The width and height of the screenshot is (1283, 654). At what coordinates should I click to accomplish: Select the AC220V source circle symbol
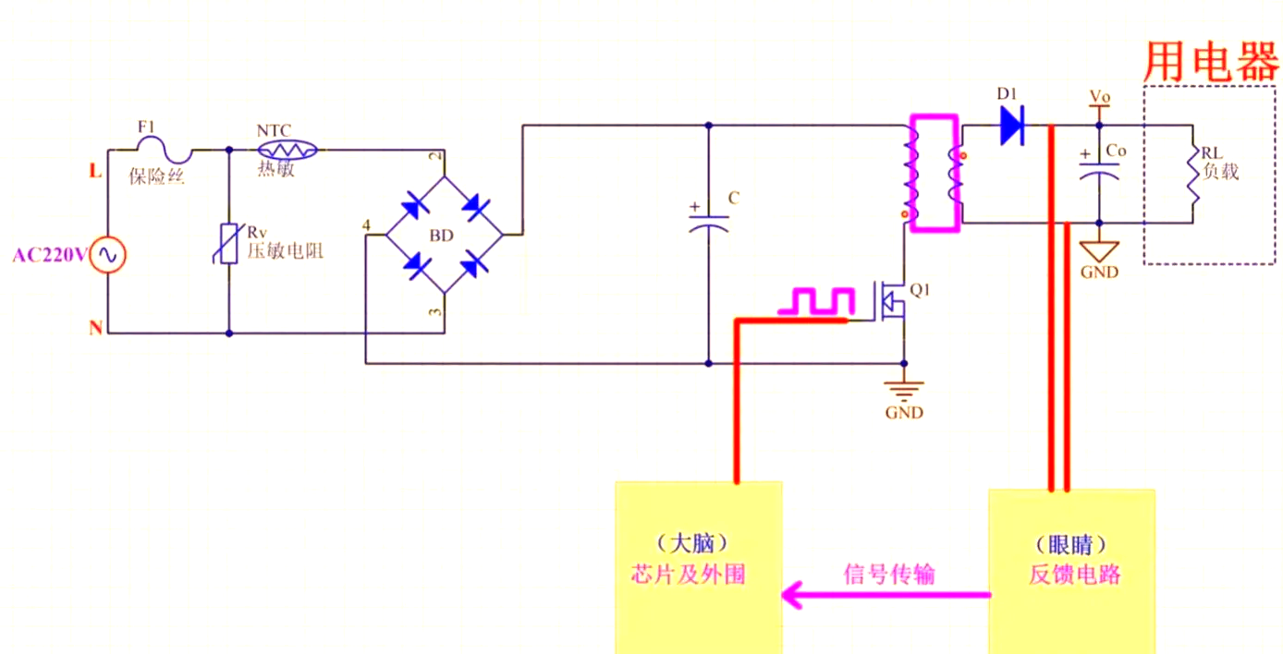pos(106,256)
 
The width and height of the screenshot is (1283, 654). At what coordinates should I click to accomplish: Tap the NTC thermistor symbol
pos(287,149)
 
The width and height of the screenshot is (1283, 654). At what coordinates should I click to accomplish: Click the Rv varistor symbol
pos(228,246)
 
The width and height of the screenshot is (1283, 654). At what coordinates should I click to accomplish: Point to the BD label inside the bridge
pos(442,236)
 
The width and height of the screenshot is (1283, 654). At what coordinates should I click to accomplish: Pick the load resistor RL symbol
pos(1192,176)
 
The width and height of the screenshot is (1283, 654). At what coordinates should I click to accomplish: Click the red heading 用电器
pos(1210,62)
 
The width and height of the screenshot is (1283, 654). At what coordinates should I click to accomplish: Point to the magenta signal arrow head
pos(792,595)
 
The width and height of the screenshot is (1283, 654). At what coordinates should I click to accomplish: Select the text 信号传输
pos(889,574)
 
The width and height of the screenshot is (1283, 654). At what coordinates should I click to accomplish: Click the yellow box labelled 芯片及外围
pos(700,566)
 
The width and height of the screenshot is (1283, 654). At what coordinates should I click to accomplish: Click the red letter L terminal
pos(94,171)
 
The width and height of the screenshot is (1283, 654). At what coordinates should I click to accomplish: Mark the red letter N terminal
pos(95,328)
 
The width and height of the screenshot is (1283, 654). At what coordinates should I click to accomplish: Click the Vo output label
pos(1100,96)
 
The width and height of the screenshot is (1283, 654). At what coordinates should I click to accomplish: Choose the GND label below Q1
pos(903,412)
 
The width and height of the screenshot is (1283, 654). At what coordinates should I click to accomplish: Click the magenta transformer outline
pos(935,173)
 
